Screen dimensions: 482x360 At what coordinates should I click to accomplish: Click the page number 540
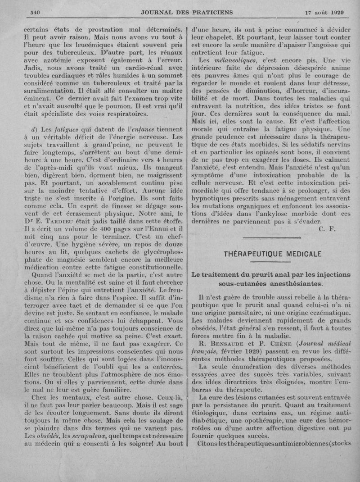pos(35,12)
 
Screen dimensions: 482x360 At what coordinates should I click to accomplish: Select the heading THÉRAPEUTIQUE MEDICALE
pos(273,254)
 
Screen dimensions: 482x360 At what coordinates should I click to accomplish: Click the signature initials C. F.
pos(327,229)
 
